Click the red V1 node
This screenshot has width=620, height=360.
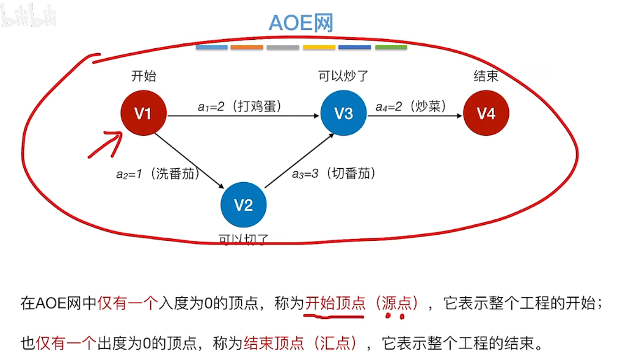point(143,113)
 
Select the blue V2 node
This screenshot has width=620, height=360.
point(243,205)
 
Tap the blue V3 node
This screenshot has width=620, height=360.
point(343,113)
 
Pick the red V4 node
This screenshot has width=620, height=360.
point(486,113)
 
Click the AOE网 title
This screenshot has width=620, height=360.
point(301,23)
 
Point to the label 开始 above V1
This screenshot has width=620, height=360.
point(144,76)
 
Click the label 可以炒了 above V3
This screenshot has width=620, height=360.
point(343,76)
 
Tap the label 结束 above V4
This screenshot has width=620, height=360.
point(486,76)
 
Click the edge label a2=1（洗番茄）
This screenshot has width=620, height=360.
point(158,173)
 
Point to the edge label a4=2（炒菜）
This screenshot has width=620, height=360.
point(412,106)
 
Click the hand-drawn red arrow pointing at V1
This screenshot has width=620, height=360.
point(105,144)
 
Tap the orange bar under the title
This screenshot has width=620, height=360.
point(247,48)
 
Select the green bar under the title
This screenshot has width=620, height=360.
point(391,48)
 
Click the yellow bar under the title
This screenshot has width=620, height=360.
point(319,48)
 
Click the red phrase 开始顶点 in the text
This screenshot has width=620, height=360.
point(335,303)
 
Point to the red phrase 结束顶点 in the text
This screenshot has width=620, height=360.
point(274,343)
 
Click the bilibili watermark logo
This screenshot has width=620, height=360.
point(29,15)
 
